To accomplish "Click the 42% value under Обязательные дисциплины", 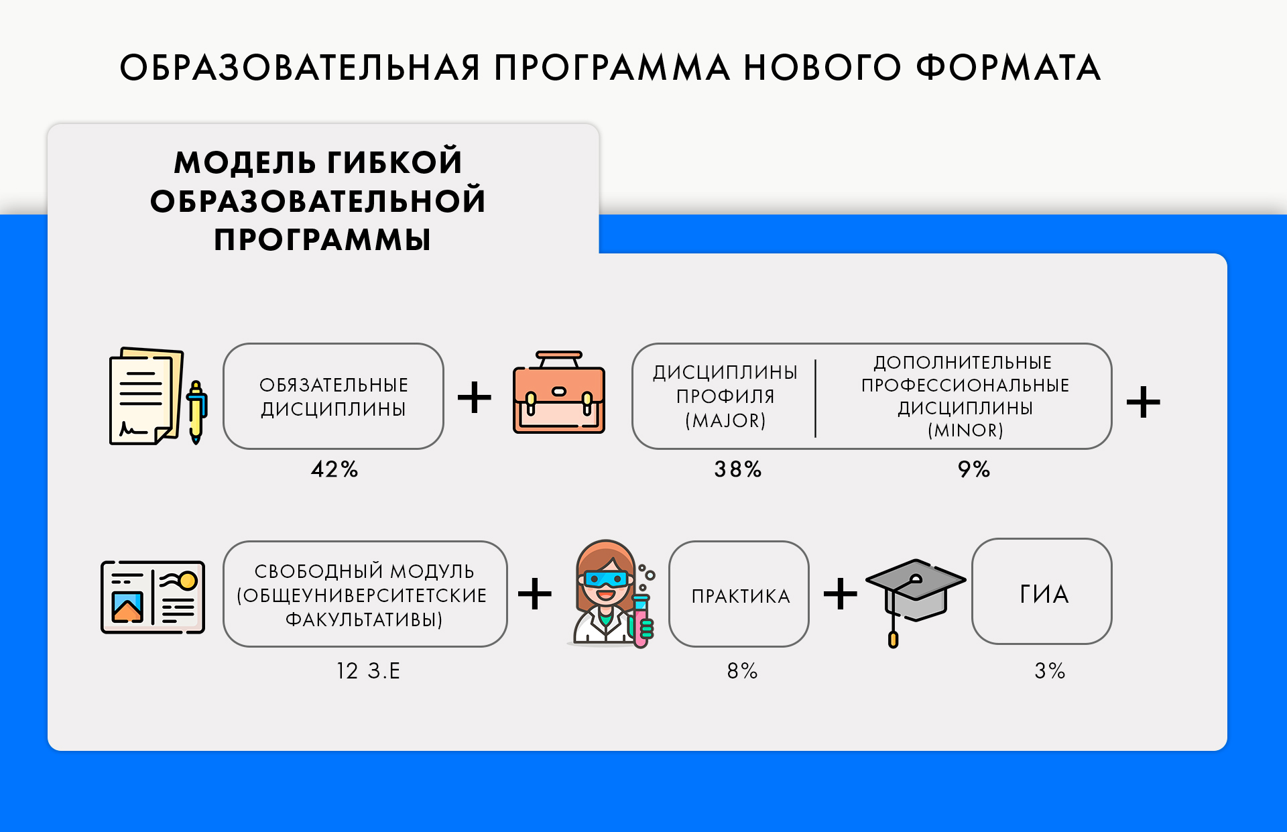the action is click(334, 469).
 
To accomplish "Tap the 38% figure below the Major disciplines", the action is click(738, 469).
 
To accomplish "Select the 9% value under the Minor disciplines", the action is click(974, 469).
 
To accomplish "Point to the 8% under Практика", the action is click(743, 670).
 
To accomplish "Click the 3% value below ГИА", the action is click(1050, 670).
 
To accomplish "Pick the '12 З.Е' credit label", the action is click(368, 670).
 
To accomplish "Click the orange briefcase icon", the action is click(559, 393).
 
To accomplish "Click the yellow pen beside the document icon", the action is click(196, 412).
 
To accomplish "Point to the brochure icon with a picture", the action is click(153, 597).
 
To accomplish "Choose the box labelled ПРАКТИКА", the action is click(739, 594).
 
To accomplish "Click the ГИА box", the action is click(1042, 591).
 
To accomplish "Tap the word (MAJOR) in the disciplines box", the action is click(725, 420).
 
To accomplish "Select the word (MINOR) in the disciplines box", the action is click(965, 430).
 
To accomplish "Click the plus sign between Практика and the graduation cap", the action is click(841, 594).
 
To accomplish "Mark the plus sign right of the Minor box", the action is click(1144, 402).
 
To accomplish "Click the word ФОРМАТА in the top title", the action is click(1008, 68).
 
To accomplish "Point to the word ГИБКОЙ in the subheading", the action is click(395, 162).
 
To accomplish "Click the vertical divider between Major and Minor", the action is click(815, 398).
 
